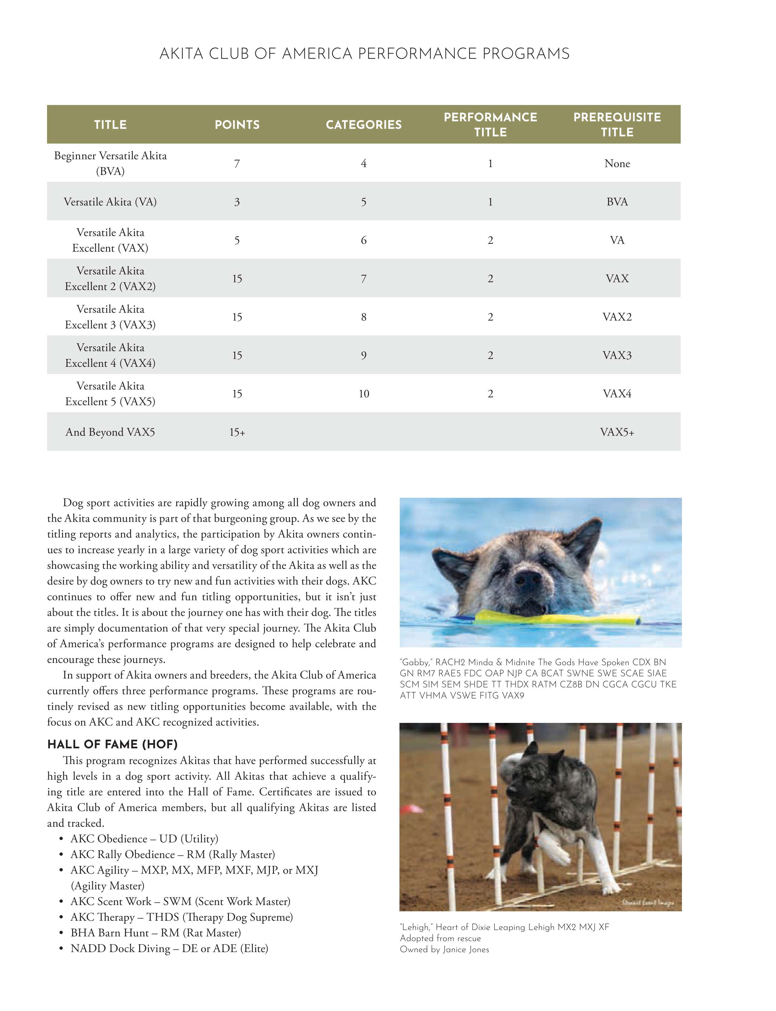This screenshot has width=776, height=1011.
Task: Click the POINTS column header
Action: (237, 125)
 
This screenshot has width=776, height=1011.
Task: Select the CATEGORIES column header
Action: (363, 125)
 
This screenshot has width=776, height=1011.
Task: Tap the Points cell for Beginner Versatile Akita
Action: (237, 164)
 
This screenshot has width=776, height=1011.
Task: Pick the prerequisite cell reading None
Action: (617, 164)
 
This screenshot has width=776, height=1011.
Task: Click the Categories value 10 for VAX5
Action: (363, 393)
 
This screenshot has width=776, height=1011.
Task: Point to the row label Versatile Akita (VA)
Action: (110, 202)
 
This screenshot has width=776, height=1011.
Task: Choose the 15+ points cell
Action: (237, 432)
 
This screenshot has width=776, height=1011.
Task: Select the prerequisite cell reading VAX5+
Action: (617, 432)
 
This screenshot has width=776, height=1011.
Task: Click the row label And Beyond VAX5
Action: (110, 432)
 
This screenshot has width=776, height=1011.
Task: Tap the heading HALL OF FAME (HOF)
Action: (112, 745)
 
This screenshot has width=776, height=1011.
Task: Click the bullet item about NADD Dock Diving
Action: (169, 949)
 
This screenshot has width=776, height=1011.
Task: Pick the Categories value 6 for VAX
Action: (363, 240)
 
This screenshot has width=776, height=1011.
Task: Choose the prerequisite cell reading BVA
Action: (617, 202)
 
